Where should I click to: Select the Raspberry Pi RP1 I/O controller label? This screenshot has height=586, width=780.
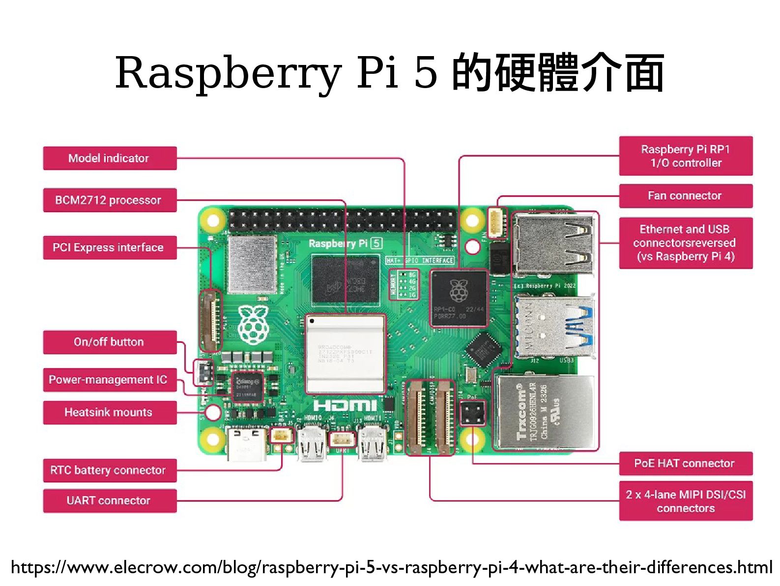[x=686, y=156]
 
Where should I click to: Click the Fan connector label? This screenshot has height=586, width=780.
[x=686, y=196]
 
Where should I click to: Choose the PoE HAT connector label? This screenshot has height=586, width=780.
[x=686, y=463]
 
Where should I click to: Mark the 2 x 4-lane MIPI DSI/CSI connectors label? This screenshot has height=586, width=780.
[x=686, y=501]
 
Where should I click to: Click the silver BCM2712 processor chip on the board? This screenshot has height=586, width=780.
[x=345, y=353]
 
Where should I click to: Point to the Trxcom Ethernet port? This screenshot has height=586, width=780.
[x=544, y=412]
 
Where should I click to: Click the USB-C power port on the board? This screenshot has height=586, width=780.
[x=247, y=443]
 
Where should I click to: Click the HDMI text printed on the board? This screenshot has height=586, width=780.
[x=345, y=405]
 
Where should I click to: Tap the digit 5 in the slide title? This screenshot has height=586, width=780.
[x=426, y=73]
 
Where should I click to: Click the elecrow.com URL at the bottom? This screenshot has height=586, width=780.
[x=391, y=567]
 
